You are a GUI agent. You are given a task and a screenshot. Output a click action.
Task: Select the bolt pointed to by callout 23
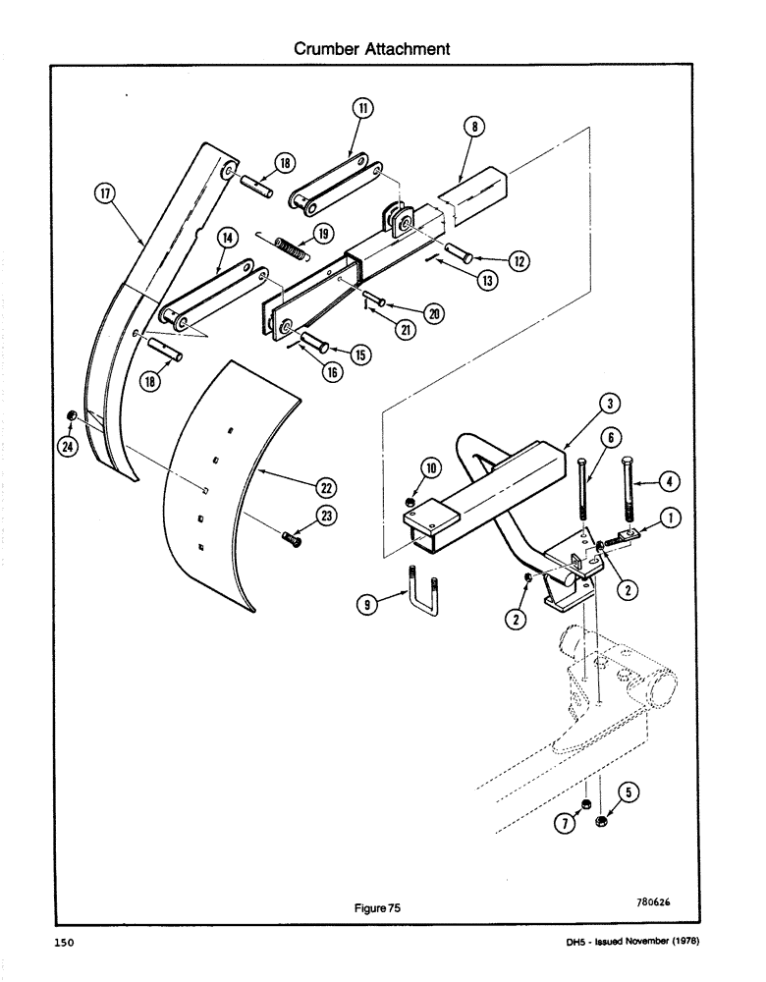coord(292,536)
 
